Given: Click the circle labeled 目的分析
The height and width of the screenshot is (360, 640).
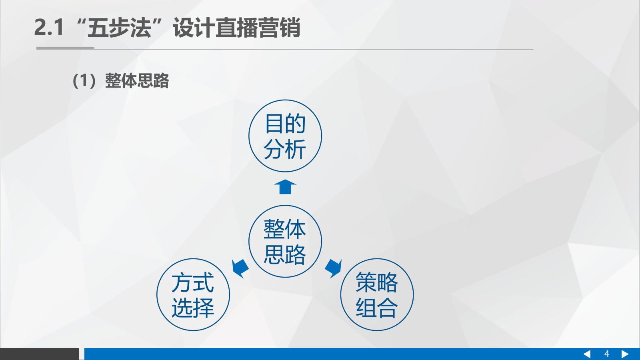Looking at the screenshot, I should pos(285,136).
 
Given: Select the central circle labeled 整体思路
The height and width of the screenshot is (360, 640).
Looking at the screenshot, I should pos(285,241).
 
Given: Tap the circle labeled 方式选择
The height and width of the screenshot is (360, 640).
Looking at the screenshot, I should pos(193,295).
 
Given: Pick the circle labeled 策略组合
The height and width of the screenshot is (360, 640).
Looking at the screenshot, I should pos(377,295).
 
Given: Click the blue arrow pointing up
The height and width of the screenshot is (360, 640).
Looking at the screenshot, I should pos(285,187).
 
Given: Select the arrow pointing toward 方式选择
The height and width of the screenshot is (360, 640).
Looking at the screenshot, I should pos(240,268).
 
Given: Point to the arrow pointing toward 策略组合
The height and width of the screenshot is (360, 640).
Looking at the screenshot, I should pos(333,268).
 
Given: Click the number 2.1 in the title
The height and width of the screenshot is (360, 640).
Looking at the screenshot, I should pos(49,28).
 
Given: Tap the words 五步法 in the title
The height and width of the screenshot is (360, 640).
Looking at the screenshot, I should pos(119,28).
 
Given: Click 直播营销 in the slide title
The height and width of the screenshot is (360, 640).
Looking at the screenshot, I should pos(258,28).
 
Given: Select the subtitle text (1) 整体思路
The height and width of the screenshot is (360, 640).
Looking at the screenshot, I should pos(121,80).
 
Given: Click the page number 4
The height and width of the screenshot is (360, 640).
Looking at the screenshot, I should pos(606,354).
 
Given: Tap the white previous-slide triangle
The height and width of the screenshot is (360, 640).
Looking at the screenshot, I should pos(587,354).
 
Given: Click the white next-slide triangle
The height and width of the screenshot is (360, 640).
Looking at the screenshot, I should pos(625,354).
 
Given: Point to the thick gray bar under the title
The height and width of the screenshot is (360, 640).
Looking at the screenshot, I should pos(65,48).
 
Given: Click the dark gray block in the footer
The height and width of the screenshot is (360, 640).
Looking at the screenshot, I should pos(39,354).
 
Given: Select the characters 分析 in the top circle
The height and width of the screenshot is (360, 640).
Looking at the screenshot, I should pos(285,150).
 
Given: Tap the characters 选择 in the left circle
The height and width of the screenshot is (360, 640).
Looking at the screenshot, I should pos(193,308).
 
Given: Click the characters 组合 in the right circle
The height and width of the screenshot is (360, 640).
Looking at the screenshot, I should pos(377,308).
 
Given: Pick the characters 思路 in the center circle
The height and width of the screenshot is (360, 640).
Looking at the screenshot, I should pos(285,255).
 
